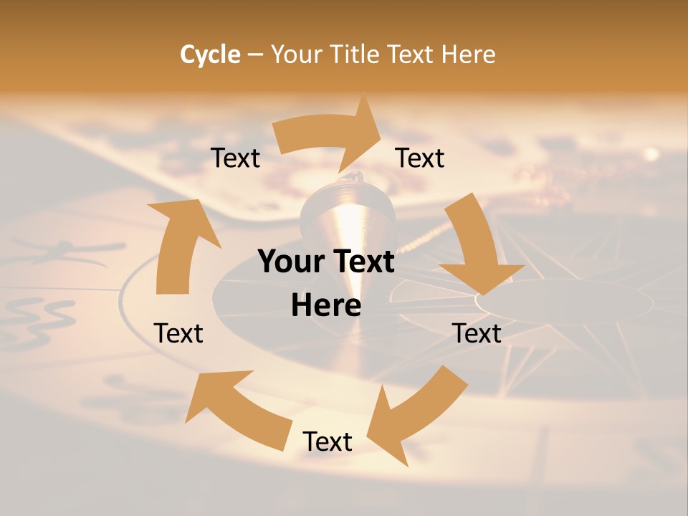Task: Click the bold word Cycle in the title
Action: click(x=210, y=54)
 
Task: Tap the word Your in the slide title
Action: click(x=297, y=54)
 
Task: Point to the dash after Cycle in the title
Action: click(x=255, y=55)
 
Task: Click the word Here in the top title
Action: click(x=467, y=54)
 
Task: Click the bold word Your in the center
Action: click(x=292, y=262)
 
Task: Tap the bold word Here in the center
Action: click(x=326, y=305)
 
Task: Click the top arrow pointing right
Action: click(x=330, y=133)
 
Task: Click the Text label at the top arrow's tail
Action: click(x=235, y=158)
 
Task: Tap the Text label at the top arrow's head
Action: click(x=420, y=158)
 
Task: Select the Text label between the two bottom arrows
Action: click(x=328, y=441)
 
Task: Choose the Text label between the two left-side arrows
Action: click(x=178, y=333)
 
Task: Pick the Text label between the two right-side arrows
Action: click(x=477, y=333)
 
